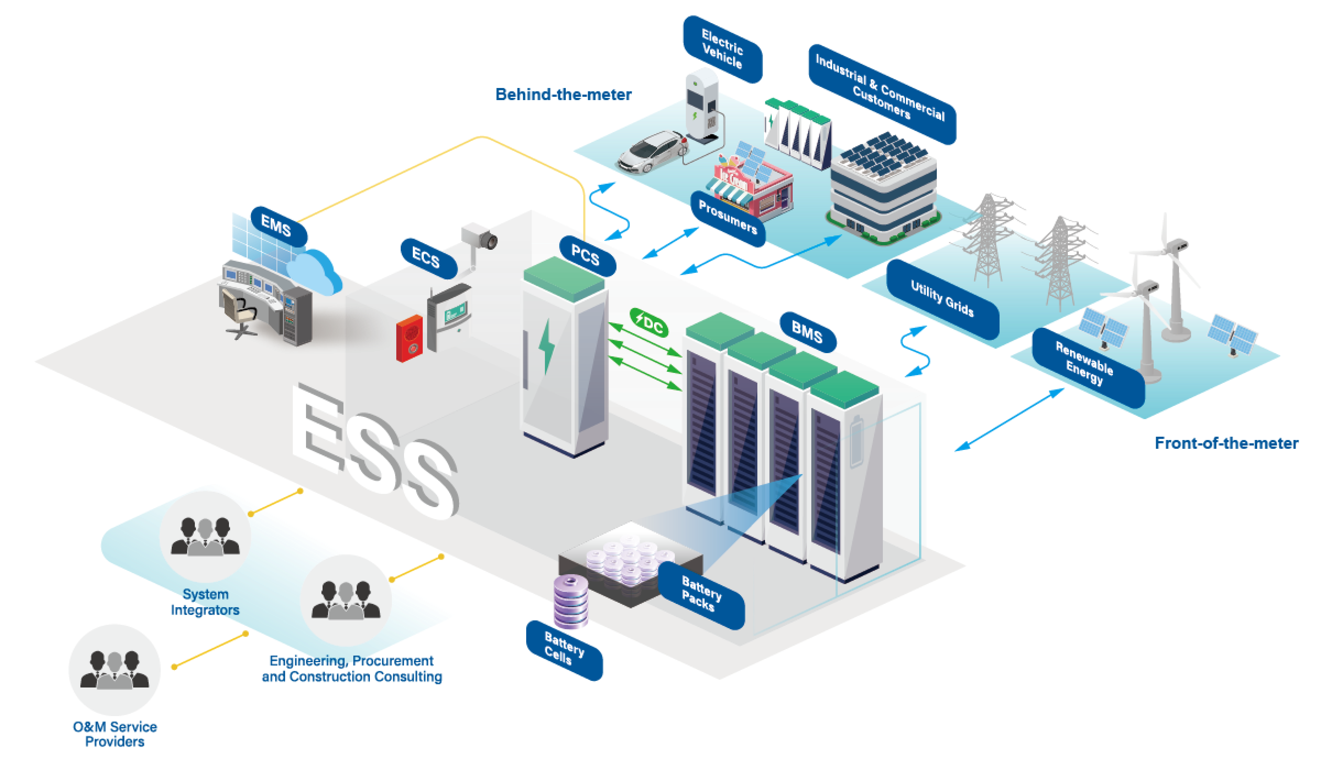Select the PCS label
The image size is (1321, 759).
tap(585, 255)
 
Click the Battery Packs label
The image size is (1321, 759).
tap(702, 594)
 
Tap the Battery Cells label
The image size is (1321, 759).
tap(564, 649)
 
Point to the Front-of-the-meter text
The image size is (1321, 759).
tap(1226, 443)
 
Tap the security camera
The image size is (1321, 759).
tap(480, 237)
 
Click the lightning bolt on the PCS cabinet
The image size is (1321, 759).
tap(546, 347)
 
